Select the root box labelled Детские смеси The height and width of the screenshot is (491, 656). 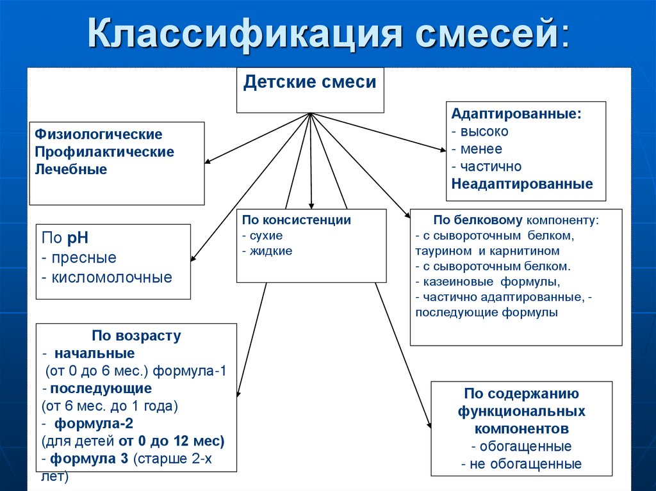click(310, 83)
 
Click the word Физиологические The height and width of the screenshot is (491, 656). click(99, 135)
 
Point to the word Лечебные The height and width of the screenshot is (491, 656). click(71, 170)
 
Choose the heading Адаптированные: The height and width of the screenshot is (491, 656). click(516, 114)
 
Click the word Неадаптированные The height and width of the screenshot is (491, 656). click(521, 184)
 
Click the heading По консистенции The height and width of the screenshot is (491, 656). click(296, 220)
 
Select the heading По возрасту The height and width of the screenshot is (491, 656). click(136, 335)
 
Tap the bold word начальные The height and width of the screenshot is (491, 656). click(95, 353)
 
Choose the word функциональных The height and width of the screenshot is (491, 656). click(521, 411)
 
